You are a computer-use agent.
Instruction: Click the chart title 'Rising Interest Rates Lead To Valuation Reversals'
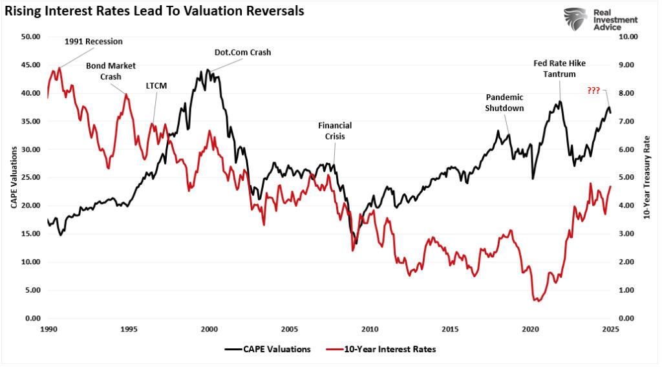155,11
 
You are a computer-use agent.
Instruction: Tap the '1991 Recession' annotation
94,41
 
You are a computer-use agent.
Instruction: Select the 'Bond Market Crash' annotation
111,70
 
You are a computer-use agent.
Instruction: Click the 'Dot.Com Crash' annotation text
242,52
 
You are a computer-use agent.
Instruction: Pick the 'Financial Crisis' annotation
335,131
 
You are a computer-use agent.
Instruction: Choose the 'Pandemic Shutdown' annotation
504,102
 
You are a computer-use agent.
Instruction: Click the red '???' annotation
593,90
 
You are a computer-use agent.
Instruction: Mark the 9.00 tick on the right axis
628,65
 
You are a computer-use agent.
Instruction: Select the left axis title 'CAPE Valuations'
13,178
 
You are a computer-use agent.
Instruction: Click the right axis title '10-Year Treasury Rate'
647,178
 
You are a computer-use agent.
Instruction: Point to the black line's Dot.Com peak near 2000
208,70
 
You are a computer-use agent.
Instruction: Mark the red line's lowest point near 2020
537,300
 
